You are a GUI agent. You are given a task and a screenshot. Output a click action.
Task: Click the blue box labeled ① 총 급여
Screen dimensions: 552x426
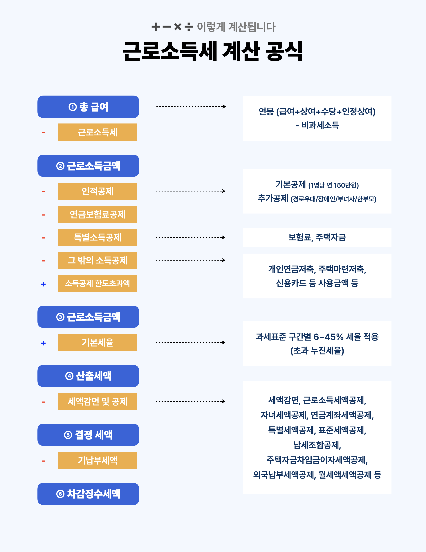(88, 107)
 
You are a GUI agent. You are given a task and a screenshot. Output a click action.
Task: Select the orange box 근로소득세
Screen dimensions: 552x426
(98, 132)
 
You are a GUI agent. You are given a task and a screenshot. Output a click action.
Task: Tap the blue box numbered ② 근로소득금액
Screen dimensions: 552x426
(88, 166)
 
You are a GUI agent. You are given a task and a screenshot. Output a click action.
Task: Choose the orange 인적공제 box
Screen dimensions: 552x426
(98, 191)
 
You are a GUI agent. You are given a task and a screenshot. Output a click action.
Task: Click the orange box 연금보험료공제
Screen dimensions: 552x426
(98, 214)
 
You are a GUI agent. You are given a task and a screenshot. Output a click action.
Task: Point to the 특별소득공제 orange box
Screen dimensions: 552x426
(98, 237)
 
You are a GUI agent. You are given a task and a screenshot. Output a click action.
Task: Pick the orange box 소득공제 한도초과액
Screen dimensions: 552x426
(98, 283)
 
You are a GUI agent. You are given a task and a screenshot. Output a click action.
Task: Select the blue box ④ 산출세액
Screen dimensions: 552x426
(88, 376)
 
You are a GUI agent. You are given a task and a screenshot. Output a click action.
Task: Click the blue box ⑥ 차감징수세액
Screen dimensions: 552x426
(88, 494)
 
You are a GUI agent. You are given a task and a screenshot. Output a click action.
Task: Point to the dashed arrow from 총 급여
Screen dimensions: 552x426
(191, 107)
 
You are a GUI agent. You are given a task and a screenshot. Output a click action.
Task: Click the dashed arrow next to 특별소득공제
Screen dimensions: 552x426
(190, 237)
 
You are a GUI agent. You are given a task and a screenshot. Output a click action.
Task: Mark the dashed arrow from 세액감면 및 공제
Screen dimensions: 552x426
(190, 401)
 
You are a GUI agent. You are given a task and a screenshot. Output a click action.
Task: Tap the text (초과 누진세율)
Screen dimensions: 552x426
(317, 351)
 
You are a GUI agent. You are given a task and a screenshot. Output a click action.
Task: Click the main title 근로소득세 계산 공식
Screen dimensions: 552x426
(213, 51)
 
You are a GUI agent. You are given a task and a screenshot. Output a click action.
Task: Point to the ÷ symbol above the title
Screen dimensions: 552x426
(189, 26)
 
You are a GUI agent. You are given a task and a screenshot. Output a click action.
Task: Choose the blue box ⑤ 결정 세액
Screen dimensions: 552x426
(88, 435)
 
